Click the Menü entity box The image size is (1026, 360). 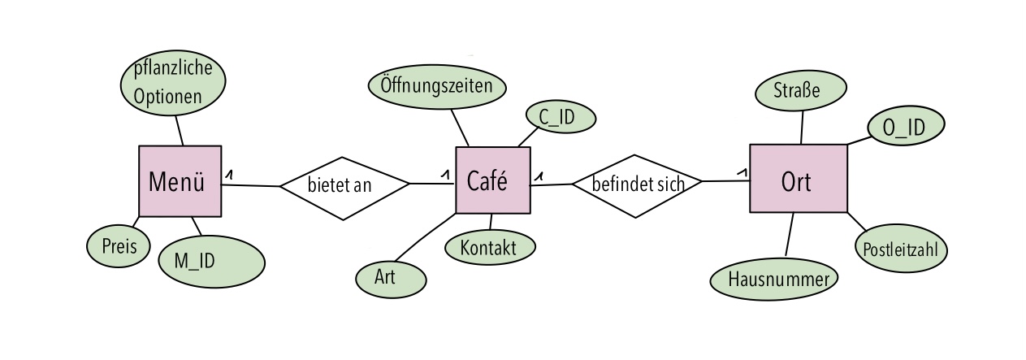[x=180, y=181]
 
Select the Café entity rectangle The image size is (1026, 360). [x=493, y=180]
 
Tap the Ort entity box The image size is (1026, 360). [x=799, y=179]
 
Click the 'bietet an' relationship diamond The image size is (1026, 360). [x=344, y=189]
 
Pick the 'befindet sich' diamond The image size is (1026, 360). [x=637, y=186]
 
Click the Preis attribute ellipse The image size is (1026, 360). [x=119, y=246]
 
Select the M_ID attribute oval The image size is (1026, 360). [x=211, y=262]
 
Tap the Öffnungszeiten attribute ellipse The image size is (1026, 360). [x=437, y=87]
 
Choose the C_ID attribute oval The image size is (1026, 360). [x=561, y=117]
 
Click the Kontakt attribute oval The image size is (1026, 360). [x=490, y=247]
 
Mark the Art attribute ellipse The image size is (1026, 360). [x=392, y=279]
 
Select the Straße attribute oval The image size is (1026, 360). [x=801, y=90]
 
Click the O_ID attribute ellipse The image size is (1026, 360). [x=906, y=125]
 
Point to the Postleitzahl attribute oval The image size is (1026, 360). [x=901, y=249]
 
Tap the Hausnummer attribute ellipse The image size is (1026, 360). [x=774, y=280]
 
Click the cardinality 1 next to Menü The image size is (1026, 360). [x=229, y=174]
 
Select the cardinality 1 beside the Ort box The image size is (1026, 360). [x=742, y=172]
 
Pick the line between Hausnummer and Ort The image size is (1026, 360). [x=790, y=234]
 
